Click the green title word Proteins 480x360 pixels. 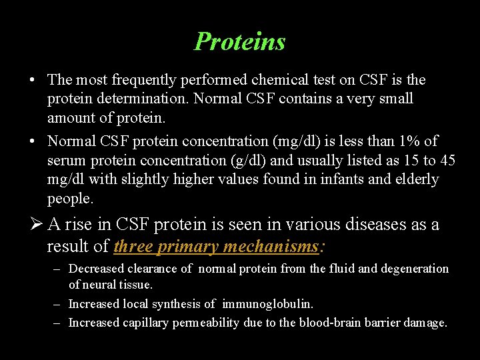[x=240, y=41]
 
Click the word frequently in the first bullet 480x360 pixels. [x=145, y=80]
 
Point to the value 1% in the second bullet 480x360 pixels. [x=407, y=141]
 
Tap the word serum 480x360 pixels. [x=65, y=161]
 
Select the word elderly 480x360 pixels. [x=417, y=179]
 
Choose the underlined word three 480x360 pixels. [x=134, y=247]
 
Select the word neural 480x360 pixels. [x=99, y=285]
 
